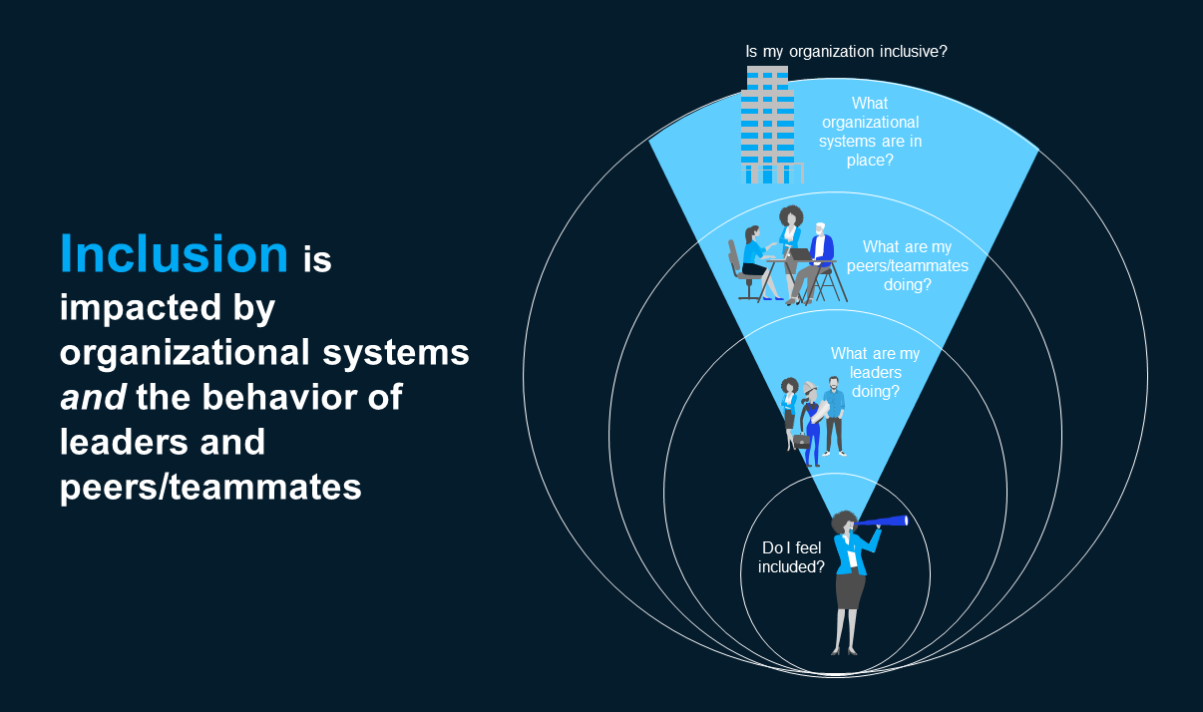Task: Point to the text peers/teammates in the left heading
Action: click(210, 487)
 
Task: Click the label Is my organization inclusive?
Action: click(846, 50)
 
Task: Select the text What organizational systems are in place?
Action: click(870, 131)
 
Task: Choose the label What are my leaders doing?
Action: click(875, 372)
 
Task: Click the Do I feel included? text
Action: click(792, 557)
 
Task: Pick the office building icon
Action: click(768, 126)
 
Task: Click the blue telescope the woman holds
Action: click(884, 521)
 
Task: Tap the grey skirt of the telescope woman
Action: click(849, 590)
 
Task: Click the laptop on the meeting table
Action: click(802, 254)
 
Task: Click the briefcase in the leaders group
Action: click(800, 440)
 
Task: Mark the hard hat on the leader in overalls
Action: click(811, 385)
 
